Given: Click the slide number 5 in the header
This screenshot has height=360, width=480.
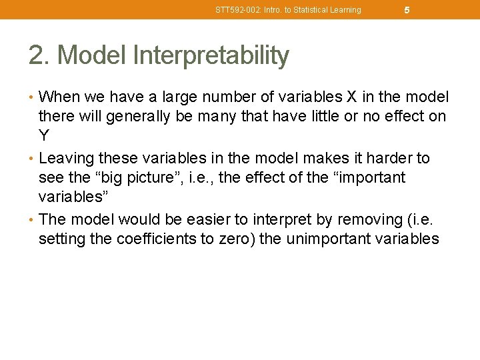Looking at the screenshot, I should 407,10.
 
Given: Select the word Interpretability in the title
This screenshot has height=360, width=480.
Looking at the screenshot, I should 211,56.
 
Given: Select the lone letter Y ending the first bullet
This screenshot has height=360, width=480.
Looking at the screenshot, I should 44,137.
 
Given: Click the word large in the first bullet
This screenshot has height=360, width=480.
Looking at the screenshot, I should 177,97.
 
